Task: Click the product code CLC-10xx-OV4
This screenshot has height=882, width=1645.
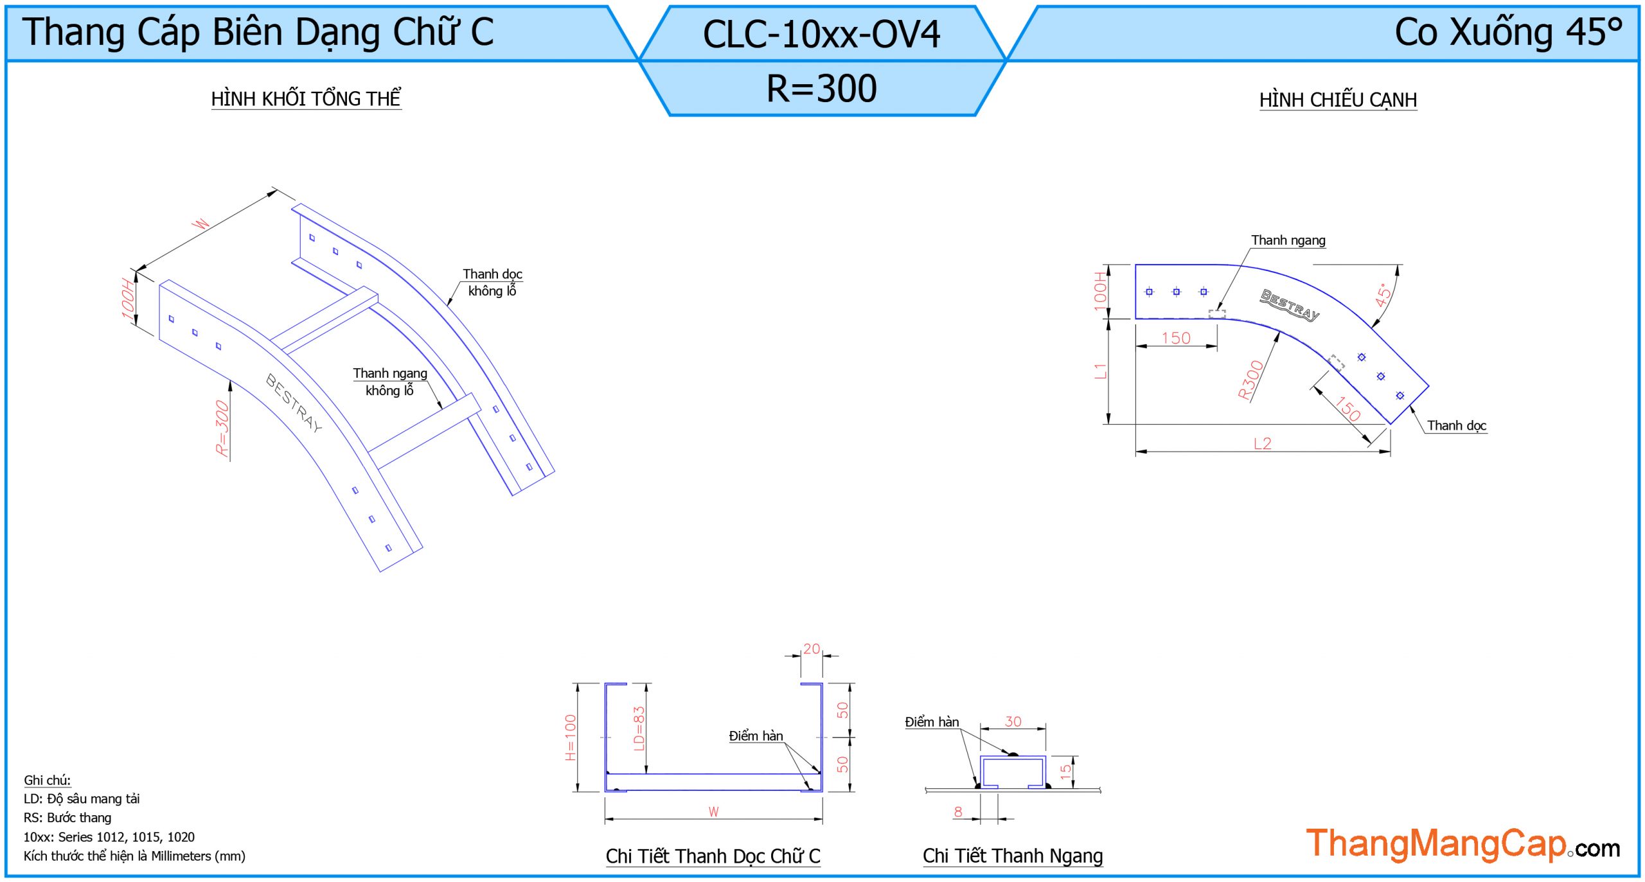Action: [821, 34]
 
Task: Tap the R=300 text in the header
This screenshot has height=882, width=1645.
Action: [821, 89]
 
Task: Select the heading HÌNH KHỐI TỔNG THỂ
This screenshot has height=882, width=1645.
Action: [306, 98]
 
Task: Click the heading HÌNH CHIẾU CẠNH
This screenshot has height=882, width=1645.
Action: [1338, 100]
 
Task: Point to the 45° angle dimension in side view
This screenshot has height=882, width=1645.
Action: [1383, 294]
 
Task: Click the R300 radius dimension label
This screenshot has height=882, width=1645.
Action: [1250, 380]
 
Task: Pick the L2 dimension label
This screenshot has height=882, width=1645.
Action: [1262, 443]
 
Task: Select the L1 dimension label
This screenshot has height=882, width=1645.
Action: [1100, 371]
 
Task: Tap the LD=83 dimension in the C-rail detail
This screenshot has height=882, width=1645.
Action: [639, 728]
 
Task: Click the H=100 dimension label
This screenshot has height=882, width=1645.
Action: [571, 737]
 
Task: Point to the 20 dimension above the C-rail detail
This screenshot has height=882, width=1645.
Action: [812, 649]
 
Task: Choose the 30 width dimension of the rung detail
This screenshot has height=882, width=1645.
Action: [1013, 721]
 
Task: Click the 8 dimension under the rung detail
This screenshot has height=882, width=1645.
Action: [958, 811]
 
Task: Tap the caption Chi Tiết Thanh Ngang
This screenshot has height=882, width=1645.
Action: [1013, 856]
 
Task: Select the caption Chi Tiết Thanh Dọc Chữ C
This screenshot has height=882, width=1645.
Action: [713, 856]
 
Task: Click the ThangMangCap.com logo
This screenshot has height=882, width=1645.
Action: [1463, 844]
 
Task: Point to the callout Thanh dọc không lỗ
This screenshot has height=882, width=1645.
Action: [492, 283]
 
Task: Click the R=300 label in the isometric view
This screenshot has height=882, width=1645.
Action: [222, 428]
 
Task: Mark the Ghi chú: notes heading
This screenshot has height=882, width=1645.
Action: [47, 780]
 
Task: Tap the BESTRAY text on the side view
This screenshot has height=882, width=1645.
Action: [1290, 304]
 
